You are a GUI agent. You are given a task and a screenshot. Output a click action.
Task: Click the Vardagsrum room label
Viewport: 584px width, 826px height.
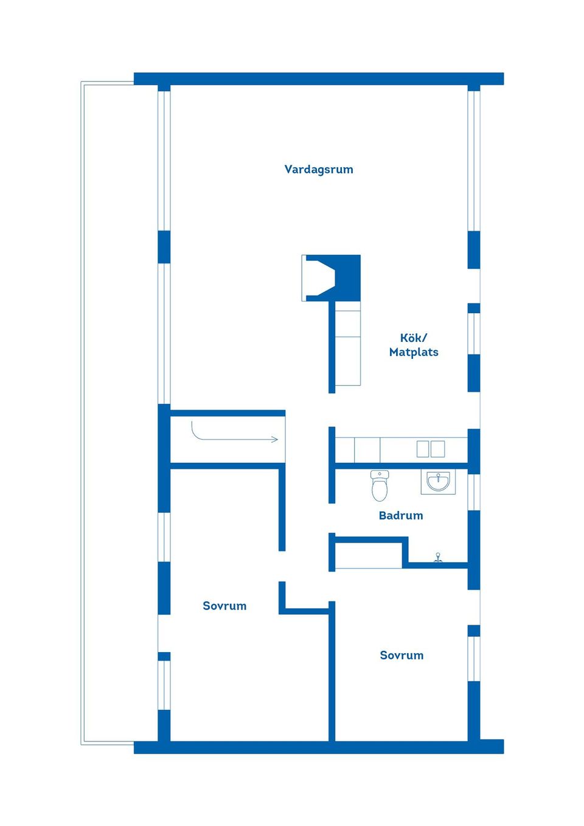pyautogui.click(x=319, y=170)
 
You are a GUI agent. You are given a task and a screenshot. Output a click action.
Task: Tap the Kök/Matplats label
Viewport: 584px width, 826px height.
pyautogui.click(x=414, y=345)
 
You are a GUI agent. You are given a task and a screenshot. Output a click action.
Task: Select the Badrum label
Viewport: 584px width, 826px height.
pyautogui.click(x=400, y=516)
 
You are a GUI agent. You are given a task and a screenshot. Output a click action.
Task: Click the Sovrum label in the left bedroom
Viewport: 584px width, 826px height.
pyautogui.click(x=224, y=606)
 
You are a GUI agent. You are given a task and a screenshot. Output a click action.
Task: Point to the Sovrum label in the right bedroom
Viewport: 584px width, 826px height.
pyautogui.click(x=401, y=655)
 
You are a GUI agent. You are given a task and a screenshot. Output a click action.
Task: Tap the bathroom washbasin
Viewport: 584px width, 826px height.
pyautogui.click(x=438, y=482)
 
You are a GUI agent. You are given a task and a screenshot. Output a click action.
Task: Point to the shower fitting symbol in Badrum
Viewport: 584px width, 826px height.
pyautogui.click(x=438, y=557)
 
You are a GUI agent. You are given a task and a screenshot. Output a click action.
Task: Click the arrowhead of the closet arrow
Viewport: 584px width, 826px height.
pyautogui.click(x=275, y=439)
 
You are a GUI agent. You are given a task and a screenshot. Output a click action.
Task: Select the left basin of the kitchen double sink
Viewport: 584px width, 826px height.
pyautogui.click(x=423, y=449)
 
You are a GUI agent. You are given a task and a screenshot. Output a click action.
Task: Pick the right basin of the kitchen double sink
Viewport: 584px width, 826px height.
pyautogui.click(x=438, y=449)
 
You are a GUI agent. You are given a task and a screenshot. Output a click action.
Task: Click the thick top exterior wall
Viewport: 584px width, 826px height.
pyautogui.click(x=319, y=78)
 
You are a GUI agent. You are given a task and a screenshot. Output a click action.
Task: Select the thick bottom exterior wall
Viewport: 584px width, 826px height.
pyautogui.click(x=319, y=747)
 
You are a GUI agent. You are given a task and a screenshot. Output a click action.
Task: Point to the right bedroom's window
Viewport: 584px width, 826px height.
pyautogui.click(x=474, y=658)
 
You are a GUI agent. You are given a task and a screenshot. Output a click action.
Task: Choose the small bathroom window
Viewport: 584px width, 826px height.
pyautogui.click(x=474, y=491)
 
